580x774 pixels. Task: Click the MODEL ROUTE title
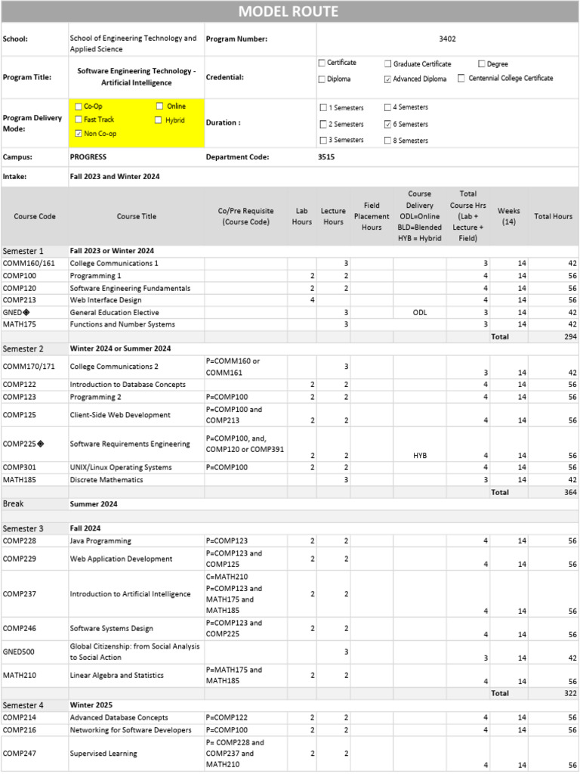pos(289,11)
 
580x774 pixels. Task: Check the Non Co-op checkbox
pos(79,134)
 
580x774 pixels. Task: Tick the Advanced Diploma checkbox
pos(388,79)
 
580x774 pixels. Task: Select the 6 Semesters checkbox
pos(388,124)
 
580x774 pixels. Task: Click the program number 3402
pos(447,39)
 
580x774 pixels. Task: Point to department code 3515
pos(326,157)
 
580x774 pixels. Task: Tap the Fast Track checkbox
pos(79,119)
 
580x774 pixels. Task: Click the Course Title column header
pos(137,216)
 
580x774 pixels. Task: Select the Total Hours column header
pos(553,216)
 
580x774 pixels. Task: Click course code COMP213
pos(20,300)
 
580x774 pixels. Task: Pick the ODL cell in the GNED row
pos(419,312)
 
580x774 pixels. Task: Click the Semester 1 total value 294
pos(570,336)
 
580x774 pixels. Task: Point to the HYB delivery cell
pos(419,456)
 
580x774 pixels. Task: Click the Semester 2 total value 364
pos(570,492)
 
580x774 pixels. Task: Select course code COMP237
pos(20,594)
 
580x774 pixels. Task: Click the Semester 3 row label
pos(23,528)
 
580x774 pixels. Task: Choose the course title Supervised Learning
pos(103,753)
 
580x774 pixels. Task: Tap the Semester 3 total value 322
pos(570,693)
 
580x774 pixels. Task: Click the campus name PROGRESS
pos(88,157)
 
